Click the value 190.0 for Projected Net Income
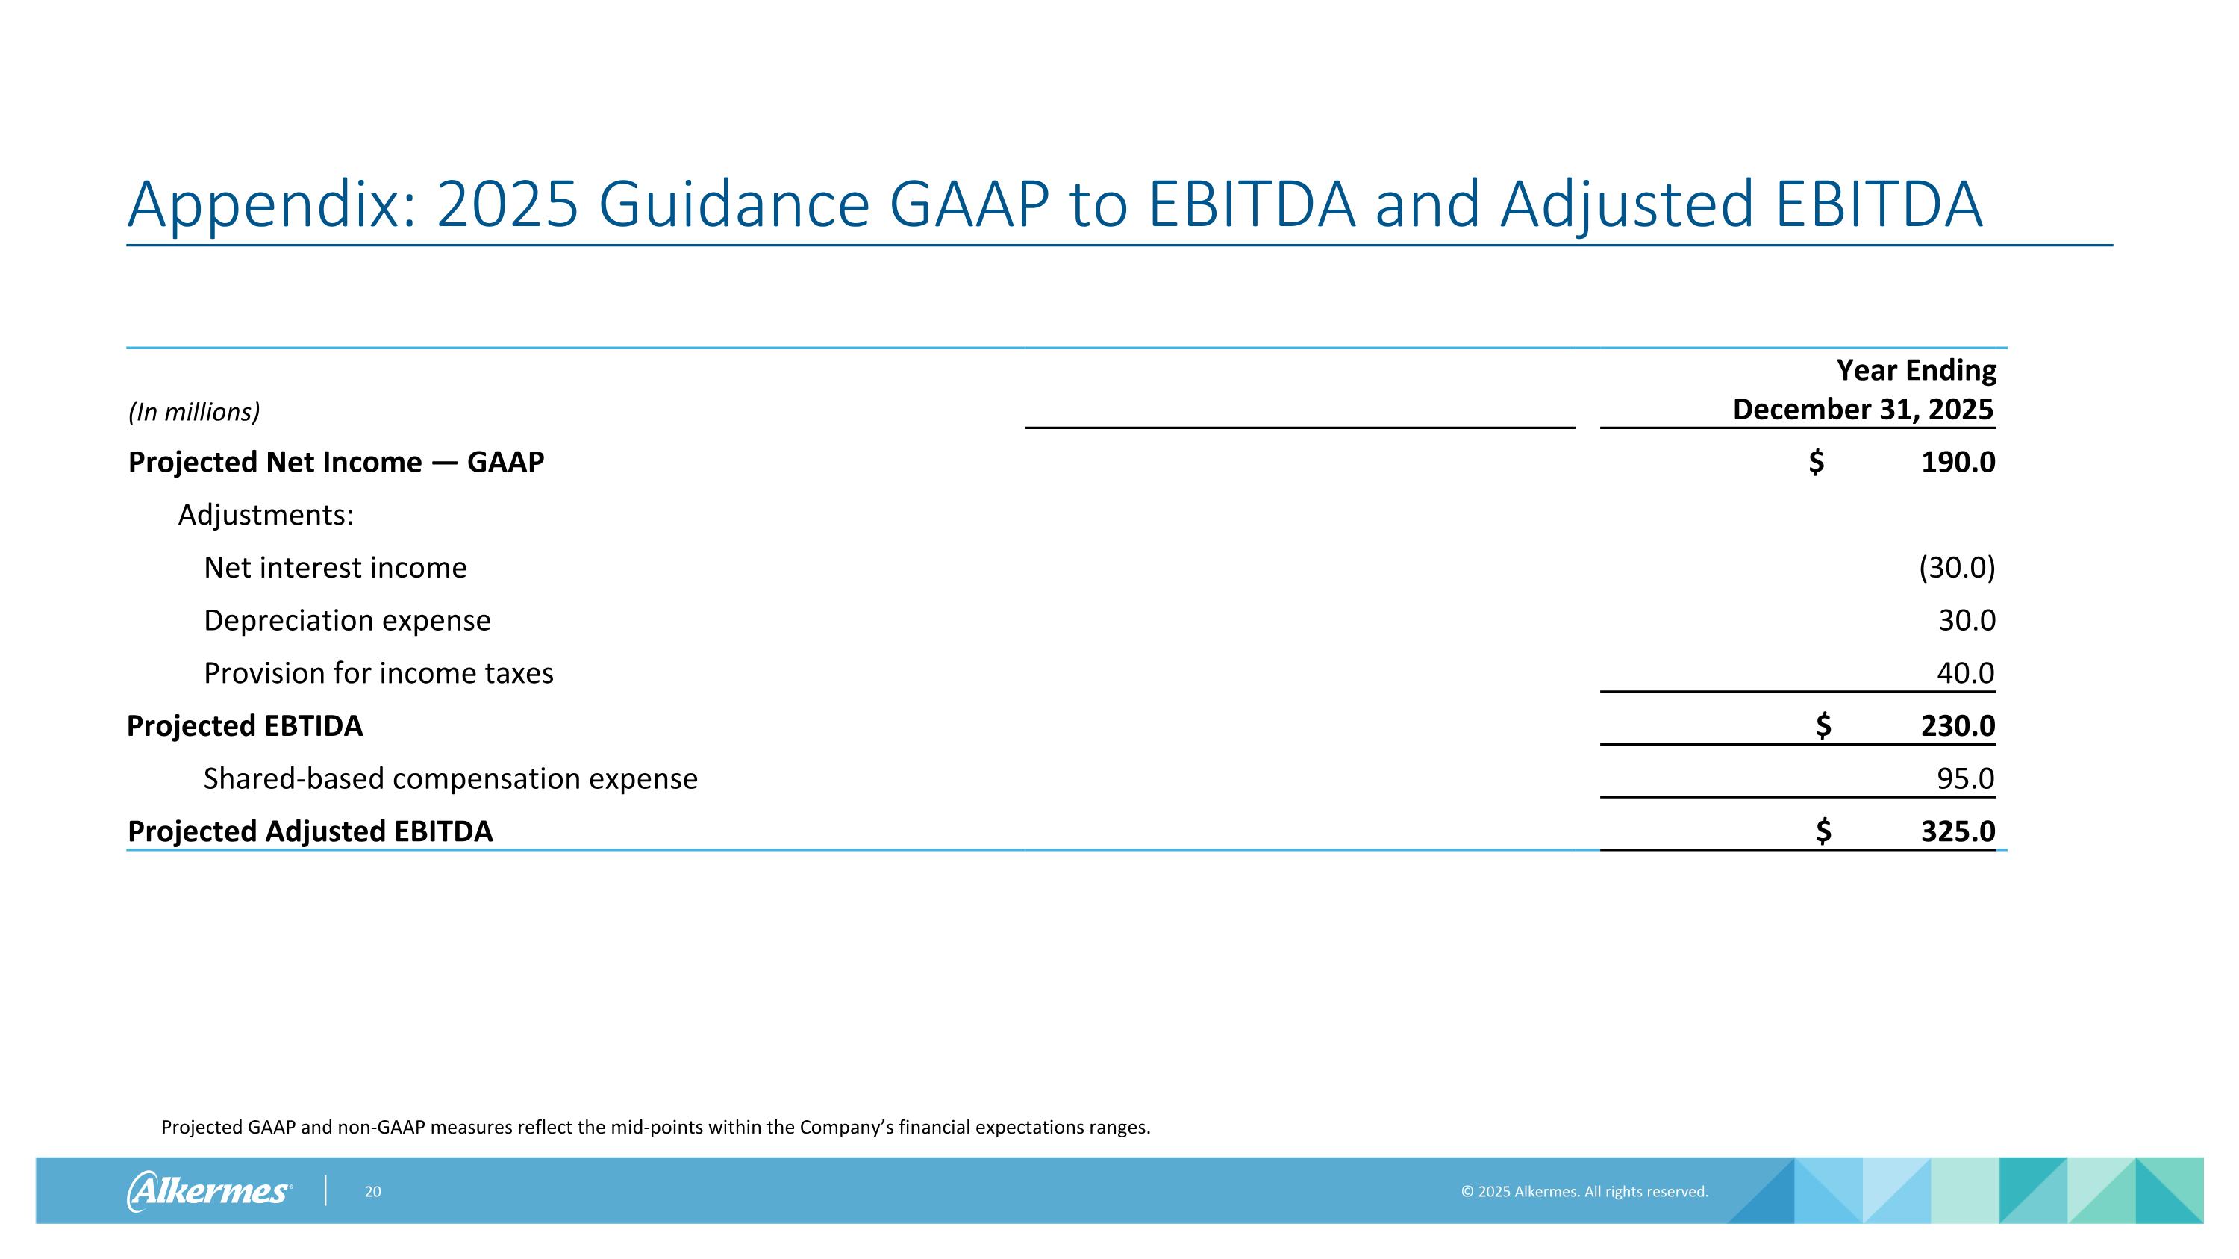1958,462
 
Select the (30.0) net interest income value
1957,567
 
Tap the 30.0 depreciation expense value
1966,620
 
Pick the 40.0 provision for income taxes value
1965,673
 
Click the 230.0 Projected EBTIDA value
1958,725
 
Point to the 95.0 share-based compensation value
1965,778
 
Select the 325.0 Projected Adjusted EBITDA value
1958,831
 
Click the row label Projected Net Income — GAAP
336,462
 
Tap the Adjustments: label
266,515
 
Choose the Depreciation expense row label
347,620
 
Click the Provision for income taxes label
378,673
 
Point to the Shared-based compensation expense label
450,778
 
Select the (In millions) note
194,412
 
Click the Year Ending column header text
1916,370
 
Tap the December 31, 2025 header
1863,409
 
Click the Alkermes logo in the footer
209,1190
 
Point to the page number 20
373,1192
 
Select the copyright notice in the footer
1584,1192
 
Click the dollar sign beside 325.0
1823,831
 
